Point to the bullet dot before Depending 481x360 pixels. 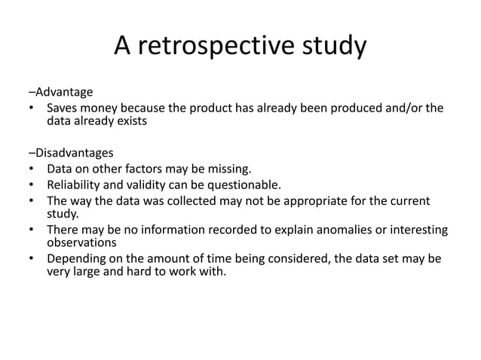[31, 259]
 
